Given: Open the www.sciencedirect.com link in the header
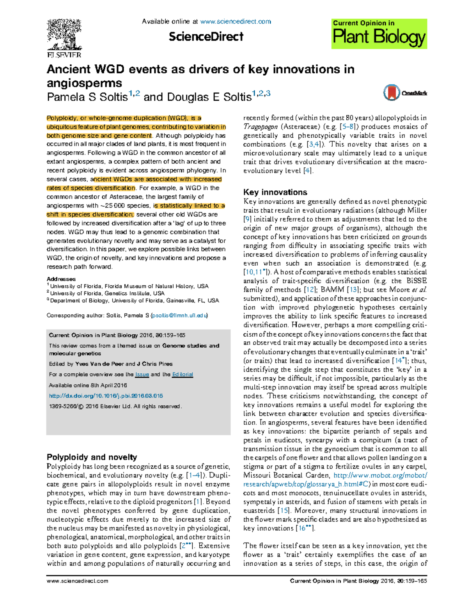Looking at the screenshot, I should (235, 21).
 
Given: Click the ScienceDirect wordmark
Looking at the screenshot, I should (206, 37).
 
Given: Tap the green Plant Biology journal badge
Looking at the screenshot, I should (379, 34).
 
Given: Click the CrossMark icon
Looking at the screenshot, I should (392, 93).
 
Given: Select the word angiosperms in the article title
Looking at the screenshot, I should (84, 83).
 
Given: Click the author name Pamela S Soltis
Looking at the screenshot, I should (87, 97).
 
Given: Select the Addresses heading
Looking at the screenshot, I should (61, 279).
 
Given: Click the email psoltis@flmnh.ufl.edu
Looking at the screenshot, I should (179, 315).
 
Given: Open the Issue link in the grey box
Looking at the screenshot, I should (142, 374).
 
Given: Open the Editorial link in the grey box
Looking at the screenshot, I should (183, 374).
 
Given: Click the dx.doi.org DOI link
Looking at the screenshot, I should (106, 396).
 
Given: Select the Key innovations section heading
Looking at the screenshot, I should (275, 192).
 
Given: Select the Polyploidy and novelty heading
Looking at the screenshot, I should (92, 457).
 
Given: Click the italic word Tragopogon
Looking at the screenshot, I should (261, 127).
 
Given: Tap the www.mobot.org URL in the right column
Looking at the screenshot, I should (380, 475).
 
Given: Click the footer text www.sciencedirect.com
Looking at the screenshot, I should (77, 581).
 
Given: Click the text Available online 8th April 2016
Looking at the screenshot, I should (88, 385).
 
